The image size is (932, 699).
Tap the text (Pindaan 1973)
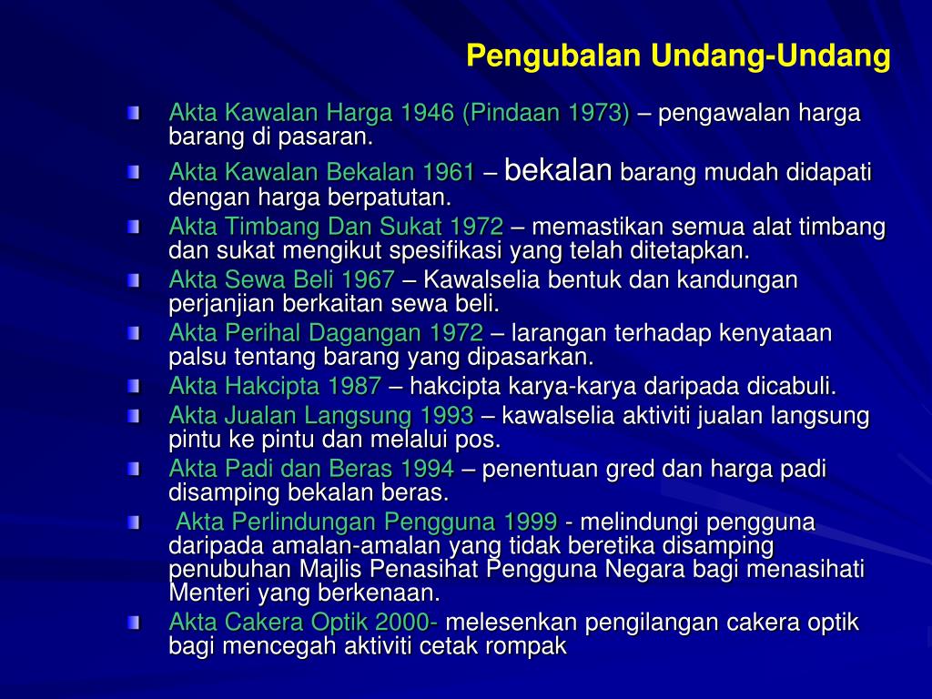click(545, 114)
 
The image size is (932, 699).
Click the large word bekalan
click(557, 170)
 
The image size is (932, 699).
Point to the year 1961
click(449, 173)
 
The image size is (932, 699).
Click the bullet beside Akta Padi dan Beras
click(135, 470)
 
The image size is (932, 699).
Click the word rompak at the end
click(530, 647)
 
